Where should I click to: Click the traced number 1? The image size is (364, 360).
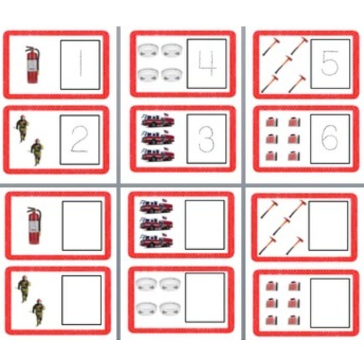click(x=80, y=65)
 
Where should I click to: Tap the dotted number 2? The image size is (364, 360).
click(x=80, y=140)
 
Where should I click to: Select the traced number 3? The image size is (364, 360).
click(x=207, y=139)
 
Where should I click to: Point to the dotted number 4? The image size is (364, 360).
click(x=207, y=64)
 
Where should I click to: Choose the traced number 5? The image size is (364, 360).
click(x=330, y=64)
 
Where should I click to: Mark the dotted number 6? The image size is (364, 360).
click(x=330, y=139)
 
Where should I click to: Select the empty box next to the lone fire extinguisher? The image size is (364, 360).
click(x=81, y=226)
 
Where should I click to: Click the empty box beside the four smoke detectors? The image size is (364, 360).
click(x=205, y=298)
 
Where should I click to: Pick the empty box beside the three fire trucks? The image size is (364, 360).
click(x=205, y=224)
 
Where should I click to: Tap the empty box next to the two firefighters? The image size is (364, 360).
click(x=81, y=300)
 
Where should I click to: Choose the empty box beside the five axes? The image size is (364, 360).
click(x=329, y=226)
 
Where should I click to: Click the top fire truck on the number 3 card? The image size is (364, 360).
click(x=158, y=121)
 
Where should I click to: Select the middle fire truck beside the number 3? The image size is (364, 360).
click(x=158, y=138)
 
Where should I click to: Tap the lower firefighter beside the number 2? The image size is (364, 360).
click(x=37, y=151)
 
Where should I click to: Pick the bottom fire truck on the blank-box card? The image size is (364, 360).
click(x=156, y=241)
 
